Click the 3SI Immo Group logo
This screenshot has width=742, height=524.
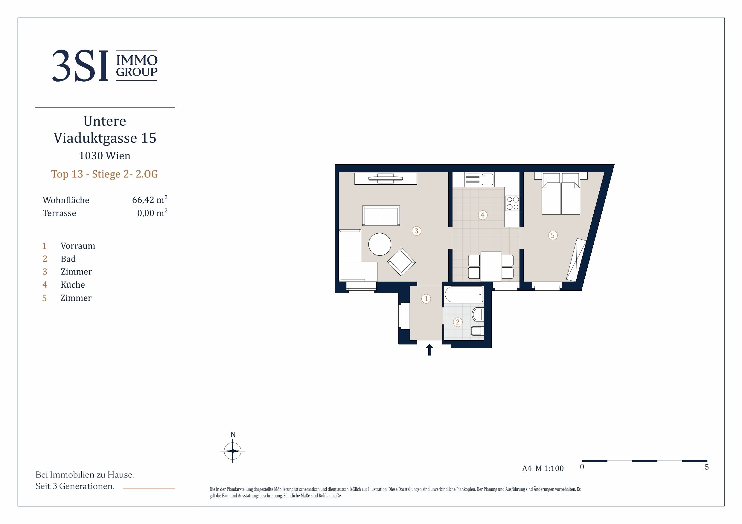point(105,65)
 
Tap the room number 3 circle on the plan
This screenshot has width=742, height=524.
point(416,231)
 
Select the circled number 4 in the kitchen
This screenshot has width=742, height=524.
point(482,215)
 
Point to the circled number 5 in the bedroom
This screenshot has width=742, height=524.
point(553,235)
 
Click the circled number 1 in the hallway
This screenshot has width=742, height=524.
point(426,299)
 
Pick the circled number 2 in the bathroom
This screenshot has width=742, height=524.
point(458,322)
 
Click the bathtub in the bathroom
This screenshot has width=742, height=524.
point(464,294)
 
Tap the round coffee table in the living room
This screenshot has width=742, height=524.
point(380,244)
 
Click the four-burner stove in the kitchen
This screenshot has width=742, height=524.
point(513,203)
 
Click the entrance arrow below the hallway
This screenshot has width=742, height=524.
point(429,350)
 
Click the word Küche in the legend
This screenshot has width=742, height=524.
point(73,285)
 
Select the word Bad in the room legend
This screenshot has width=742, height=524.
point(68,259)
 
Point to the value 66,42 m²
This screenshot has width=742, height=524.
point(150,200)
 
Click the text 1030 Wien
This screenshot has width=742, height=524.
point(105,156)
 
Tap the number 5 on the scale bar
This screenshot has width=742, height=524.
point(707,467)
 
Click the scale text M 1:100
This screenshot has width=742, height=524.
point(549,468)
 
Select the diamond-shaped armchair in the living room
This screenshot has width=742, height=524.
point(401,262)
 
